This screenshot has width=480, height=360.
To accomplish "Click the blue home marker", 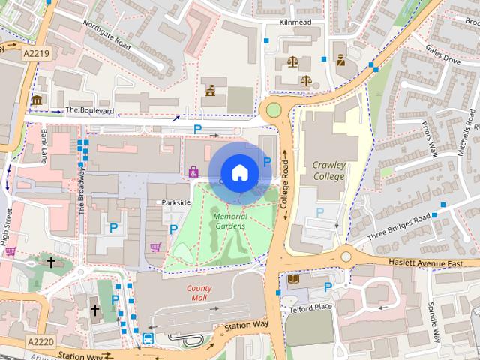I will pos(239,172).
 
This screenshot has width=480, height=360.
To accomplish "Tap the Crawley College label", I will pos(329,170).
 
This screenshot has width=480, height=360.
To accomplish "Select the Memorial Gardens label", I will pos(230,221).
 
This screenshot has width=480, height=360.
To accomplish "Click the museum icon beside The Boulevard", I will pos(37,100).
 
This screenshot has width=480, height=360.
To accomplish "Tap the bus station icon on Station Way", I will pos(148,339).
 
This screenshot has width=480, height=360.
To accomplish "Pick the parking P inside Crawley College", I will pos(320,213).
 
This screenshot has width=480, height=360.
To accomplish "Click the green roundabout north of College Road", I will pos(274,111).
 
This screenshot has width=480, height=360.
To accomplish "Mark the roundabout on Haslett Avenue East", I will pos(346,256).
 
